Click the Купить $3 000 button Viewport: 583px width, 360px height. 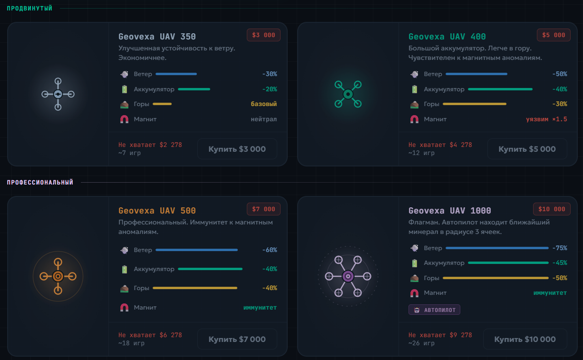click(237, 149)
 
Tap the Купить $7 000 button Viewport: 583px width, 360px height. click(237, 339)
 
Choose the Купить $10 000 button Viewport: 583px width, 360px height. click(525, 339)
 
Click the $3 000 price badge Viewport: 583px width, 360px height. click(263, 35)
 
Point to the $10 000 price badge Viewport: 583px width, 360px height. click(552, 209)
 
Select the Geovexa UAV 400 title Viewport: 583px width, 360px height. click(447, 37)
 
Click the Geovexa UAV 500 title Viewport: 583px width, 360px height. click(157, 211)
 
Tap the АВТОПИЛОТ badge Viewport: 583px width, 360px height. click(434, 310)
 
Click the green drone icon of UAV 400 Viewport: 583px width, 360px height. click(348, 94)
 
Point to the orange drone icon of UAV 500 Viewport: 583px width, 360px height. click(58, 276)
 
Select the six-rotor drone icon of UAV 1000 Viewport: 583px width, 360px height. click(348, 276)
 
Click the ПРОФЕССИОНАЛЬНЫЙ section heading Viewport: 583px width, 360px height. click(40, 182)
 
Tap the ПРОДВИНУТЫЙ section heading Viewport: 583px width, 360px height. click(29, 9)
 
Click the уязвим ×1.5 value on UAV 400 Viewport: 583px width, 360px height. click(546, 119)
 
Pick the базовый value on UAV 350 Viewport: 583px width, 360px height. click(263, 104)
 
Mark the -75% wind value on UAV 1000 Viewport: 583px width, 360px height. click(560, 248)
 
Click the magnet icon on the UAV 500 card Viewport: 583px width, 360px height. click(124, 307)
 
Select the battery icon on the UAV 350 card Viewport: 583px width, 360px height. click(125, 89)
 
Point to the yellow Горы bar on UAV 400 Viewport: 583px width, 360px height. click(475, 104)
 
